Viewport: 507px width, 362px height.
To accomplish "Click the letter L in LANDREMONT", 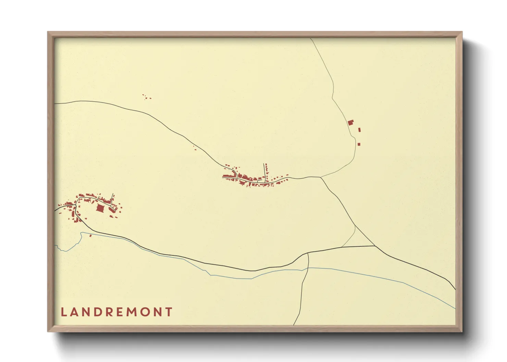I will pos(63,312).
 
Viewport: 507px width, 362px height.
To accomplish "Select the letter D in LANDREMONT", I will pos(98,312).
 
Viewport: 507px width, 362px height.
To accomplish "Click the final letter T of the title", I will pos(169,312).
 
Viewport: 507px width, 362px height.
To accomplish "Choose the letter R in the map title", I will pos(109,312).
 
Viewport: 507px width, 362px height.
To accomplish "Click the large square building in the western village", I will pos(100,208).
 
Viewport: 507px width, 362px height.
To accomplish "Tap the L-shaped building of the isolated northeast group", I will pos(350,122).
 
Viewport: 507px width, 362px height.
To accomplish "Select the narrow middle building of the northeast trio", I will pos(359,130).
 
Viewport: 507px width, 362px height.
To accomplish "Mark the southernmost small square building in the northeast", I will pos(359,144).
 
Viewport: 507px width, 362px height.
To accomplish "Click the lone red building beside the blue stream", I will pos(90,235).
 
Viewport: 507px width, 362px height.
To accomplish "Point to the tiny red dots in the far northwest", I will pos(147,98).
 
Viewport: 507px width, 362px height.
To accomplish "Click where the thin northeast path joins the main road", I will pos(320,177).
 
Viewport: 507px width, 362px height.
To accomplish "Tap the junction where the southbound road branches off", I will pos(308,254).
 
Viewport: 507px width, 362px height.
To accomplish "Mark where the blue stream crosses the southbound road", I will pos(307,268).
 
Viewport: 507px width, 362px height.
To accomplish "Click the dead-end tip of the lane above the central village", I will pos(264,164).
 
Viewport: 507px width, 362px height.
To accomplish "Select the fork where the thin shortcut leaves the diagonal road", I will pos(356,226).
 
